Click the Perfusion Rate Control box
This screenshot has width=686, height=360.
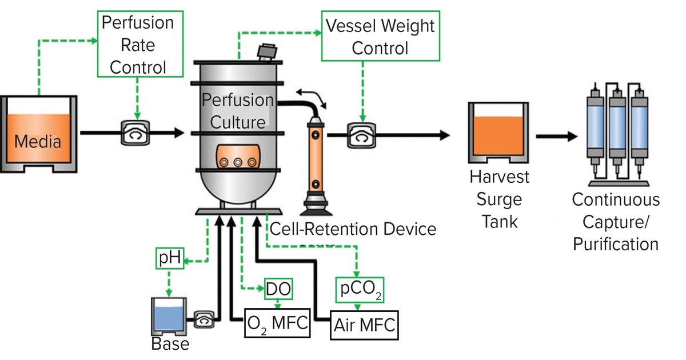click(x=138, y=45)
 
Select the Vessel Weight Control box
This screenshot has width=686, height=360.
click(x=380, y=37)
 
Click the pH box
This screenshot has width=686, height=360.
click(x=170, y=259)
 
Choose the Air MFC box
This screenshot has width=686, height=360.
click(x=364, y=326)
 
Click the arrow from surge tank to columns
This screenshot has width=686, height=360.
click(x=557, y=137)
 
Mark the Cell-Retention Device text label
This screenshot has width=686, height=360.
click(x=352, y=229)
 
